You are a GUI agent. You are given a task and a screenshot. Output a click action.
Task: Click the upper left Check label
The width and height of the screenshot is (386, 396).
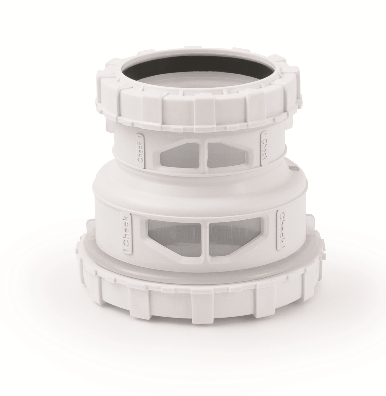(140, 151)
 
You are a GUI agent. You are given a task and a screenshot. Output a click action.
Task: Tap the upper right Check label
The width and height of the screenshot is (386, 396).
(264, 149)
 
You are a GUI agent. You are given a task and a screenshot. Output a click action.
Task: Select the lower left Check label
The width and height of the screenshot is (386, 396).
(127, 234)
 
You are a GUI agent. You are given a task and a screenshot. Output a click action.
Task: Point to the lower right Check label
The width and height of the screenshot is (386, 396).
(281, 230)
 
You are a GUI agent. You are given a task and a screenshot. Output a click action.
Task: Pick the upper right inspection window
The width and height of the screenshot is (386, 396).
(228, 155)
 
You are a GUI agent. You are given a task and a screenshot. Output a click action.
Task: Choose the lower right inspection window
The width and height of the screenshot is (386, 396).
(235, 236)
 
